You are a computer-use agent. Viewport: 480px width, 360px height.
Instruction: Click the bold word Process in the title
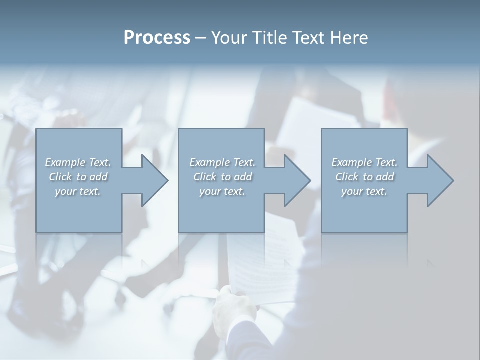coord(157,38)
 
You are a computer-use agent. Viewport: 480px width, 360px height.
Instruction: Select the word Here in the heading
coord(349,38)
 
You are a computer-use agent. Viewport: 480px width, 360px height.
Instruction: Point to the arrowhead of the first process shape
coord(154,180)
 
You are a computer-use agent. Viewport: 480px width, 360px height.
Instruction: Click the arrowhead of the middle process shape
coord(296,180)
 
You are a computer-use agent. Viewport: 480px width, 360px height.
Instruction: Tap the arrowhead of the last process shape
coord(439,180)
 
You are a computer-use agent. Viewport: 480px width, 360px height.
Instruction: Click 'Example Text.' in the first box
coord(78,162)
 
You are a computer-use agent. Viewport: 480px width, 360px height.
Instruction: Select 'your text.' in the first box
coord(78,191)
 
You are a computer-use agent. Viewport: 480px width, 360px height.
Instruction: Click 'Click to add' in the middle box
coord(222,177)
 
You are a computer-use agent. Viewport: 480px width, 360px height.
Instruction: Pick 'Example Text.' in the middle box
coord(222,162)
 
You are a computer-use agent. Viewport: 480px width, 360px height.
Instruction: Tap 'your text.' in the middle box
coord(222,191)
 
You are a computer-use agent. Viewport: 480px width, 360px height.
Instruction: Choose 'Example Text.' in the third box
coord(364,162)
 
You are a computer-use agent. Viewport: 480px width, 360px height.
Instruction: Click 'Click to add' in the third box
coord(364,177)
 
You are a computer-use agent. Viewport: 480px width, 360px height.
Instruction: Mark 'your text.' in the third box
coord(364,191)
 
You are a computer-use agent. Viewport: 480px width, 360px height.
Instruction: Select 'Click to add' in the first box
coord(78,177)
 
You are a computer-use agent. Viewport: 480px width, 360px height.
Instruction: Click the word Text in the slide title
coord(306,38)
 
